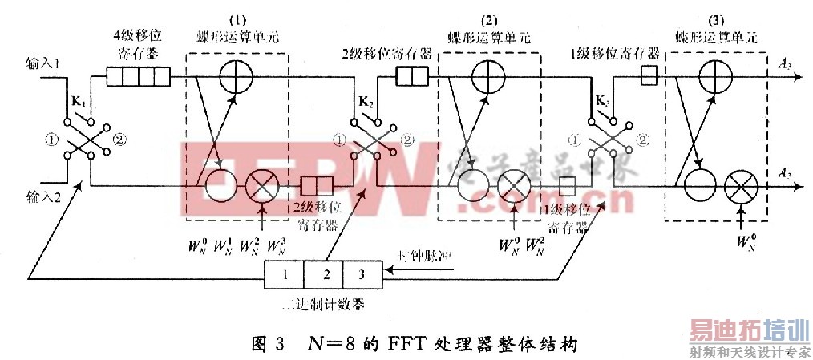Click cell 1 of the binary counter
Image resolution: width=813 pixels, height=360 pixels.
[x=284, y=275]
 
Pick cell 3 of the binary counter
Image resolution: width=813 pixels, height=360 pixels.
[x=362, y=275]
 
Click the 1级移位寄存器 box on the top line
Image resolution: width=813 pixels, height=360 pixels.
[x=650, y=77]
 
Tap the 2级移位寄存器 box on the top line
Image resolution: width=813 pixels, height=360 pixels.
[x=413, y=77]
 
